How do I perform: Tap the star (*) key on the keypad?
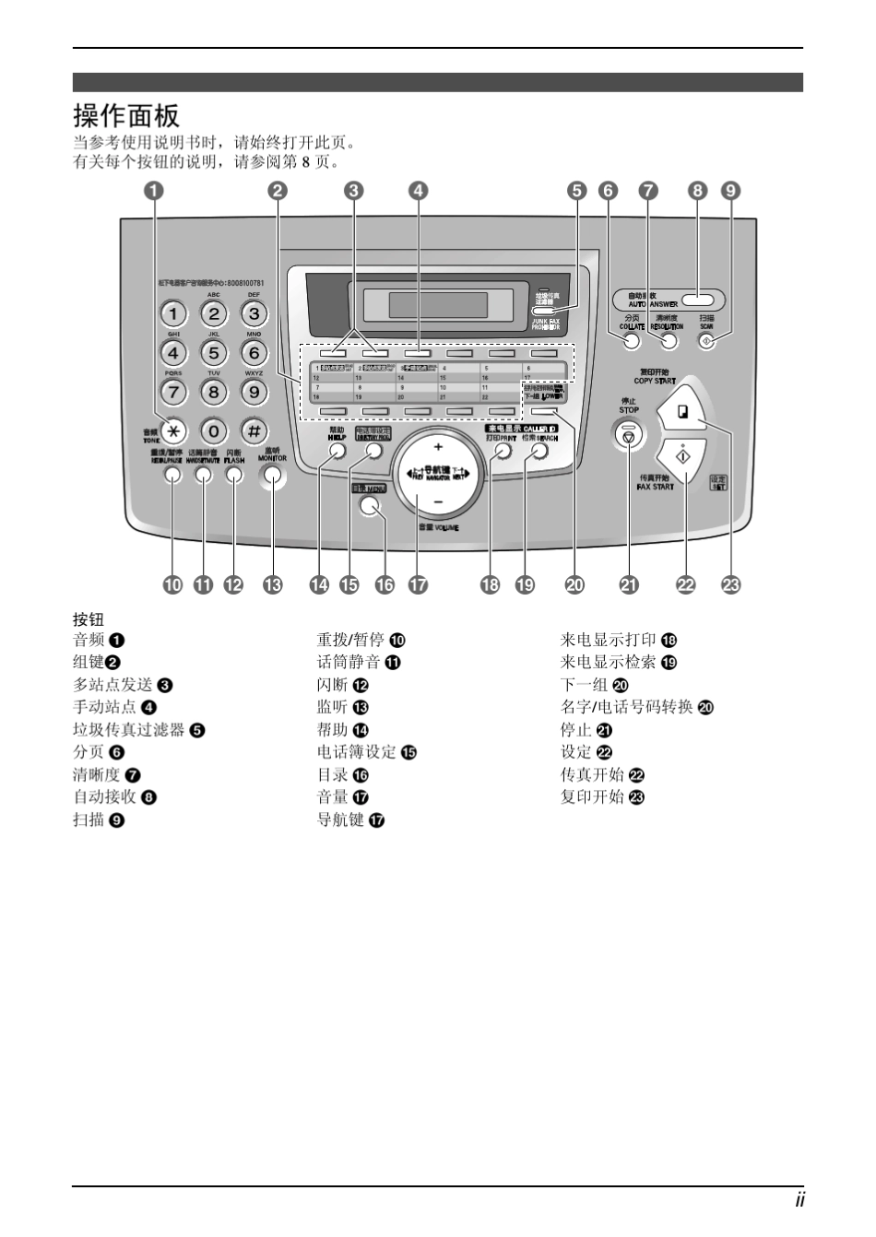(x=172, y=430)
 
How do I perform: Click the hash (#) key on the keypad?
(x=254, y=430)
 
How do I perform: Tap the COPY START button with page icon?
(x=683, y=413)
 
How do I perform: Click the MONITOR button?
(x=272, y=476)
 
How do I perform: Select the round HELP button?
(x=337, y=451)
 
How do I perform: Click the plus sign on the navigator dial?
(x=437, y=446)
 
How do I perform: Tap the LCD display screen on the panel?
(x=437, y=305)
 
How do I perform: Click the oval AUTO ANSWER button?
(x=699, y=300)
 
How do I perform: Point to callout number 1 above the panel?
(x=154, y=191)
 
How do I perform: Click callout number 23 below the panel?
(x=731, y=584)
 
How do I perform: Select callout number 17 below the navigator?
(x=419, y=584)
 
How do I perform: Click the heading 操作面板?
(x=126, y=116)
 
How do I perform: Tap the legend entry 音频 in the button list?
(x=89, y=640)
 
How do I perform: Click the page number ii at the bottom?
(x=799, y=1200)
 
